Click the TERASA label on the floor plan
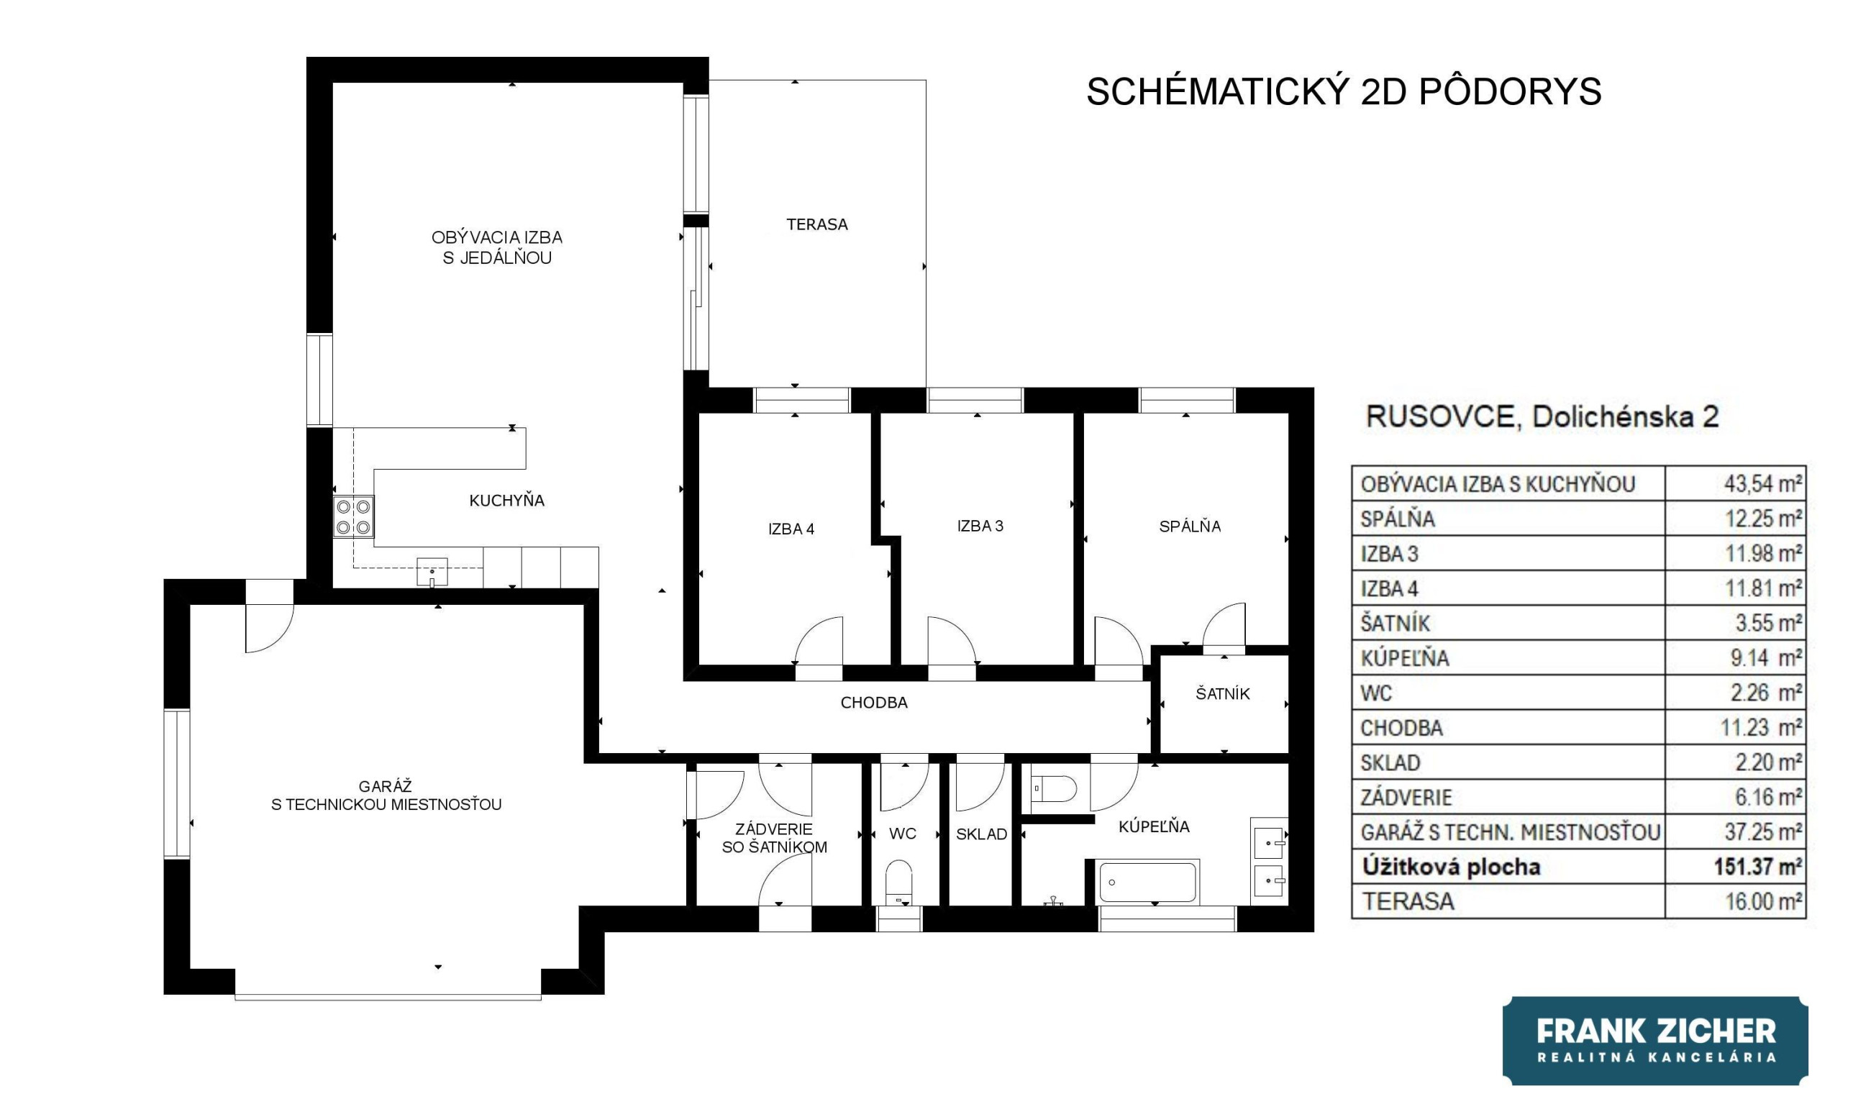click(x=816, y=224)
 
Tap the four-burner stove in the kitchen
click(x=353, y=516)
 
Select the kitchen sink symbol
click(x=432, y=572)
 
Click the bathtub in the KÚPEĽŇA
click(x=1147, y=883)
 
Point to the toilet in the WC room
click(x=898, y=883)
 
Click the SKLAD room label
click(x=981, y=834)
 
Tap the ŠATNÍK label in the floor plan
click(x=1223, y=693)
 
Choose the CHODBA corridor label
click(x=874, y=703)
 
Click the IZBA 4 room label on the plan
click(x=791, y=529)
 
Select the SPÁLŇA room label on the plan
click(x=1190, y=526)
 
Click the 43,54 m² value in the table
click(x=1763, y=483)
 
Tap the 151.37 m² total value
click(x=1757, y=867)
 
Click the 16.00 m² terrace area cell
click(x=1764, y=901)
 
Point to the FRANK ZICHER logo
click(x=1655, y=1040)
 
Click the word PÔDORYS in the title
click(x=1510, y=91)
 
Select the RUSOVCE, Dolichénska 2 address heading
click(x=1542, y=416)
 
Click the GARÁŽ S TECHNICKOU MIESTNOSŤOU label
click(x=386, y=795)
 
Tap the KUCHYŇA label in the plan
click(x=507, y=501)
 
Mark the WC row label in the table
click(x=1376, y=692)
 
